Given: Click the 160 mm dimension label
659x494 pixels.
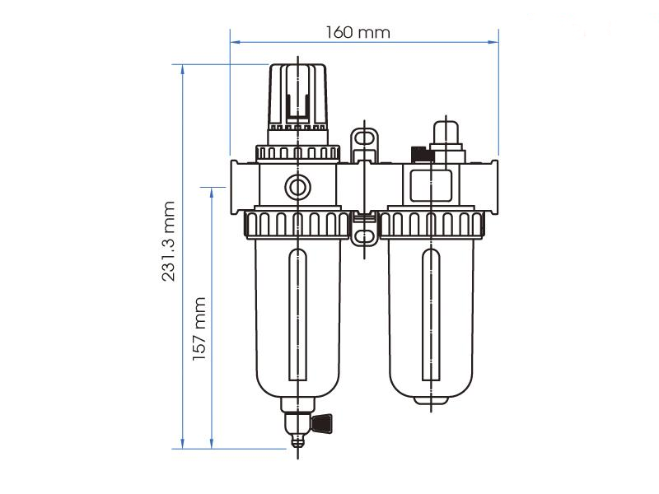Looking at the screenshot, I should click(x=358, y=32).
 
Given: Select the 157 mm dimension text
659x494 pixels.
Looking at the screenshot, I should click(x=199, y=329).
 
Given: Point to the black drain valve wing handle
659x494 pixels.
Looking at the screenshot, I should click(x=323, y=423).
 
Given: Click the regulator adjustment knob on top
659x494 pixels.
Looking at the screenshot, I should click(x=297, y=95).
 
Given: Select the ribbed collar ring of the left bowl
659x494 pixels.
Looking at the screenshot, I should click(x=297, y=223).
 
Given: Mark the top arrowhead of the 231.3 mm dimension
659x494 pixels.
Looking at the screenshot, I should click(x=182, y=68).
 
